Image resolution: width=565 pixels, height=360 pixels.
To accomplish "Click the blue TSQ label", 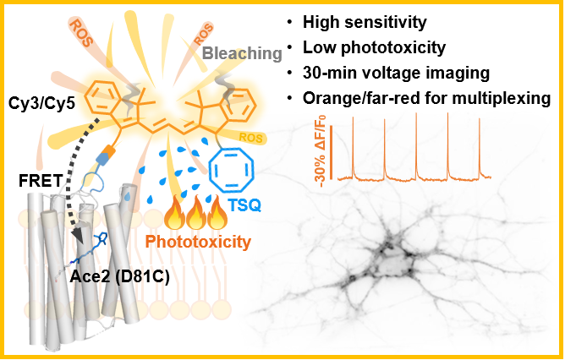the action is tap(244, 205).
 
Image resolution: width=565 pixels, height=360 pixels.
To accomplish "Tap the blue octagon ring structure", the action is tap(211, 169).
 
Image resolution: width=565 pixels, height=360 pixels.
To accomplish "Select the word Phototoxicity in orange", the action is tap(198, 242).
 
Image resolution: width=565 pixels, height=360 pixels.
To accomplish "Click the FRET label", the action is tap(41, 180).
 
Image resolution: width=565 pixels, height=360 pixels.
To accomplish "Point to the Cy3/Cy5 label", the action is tap(41, 103).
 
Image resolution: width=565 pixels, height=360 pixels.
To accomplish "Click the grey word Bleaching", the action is tap(242, 53).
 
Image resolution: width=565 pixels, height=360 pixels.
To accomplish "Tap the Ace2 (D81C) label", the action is tap(119, 276).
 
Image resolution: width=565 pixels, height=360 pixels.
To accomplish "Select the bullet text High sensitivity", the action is tap(365, 22).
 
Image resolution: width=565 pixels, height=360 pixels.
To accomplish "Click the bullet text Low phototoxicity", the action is tap(374, 47).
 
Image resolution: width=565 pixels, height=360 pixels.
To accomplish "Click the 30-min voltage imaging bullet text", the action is tap(396, 73).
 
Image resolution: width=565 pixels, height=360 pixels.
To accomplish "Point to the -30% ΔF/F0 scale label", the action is tap(321, 150).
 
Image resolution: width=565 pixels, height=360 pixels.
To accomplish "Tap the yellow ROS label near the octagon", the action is tap(251, 138).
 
